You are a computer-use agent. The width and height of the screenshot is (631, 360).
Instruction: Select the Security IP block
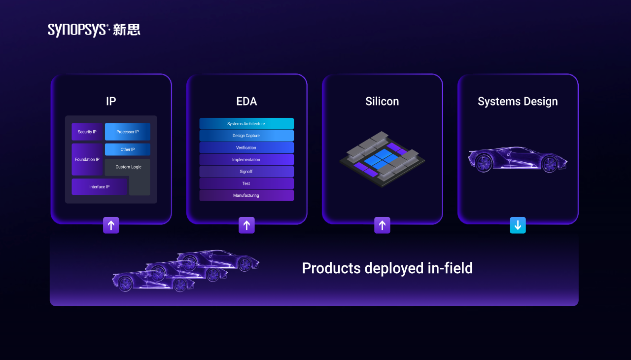tap(87, 132)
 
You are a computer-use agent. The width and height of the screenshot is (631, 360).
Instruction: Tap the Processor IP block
tap(128, 132)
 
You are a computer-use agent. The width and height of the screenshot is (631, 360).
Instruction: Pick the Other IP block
tap(128, 149)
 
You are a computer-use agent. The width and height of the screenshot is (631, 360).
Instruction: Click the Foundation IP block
tap(87, 159)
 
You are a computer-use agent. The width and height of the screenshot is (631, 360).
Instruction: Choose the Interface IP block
tap(100, 186)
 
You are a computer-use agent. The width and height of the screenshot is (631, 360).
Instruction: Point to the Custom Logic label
tap(129, 167)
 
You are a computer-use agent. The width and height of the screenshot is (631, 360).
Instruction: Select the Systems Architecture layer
tap(246, 124)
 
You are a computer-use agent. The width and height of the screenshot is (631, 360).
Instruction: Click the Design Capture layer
tap(246, 136)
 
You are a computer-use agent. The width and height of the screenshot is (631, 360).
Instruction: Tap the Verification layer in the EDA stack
tap(246, 147)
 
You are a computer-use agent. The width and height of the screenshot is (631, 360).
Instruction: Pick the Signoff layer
tap(246, 171)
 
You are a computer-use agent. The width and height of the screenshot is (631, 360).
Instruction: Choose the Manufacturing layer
tap(246, 195)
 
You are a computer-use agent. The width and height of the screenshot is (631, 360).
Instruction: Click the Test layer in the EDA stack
tap(246, 183)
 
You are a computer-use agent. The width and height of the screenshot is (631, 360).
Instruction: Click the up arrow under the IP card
tap(111, 225)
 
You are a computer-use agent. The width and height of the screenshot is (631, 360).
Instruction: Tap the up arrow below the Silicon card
tap(382, 225)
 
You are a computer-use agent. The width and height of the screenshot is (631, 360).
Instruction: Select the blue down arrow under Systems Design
tap(518, 225)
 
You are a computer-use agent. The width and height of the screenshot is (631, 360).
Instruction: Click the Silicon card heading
tap(382, 102)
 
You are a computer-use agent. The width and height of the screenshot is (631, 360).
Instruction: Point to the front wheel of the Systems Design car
tap(550, 164)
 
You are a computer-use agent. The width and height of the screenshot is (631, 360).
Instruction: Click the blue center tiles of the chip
tap(382, 159)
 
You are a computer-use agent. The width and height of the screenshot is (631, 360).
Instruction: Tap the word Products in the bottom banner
tap(331, 268)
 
